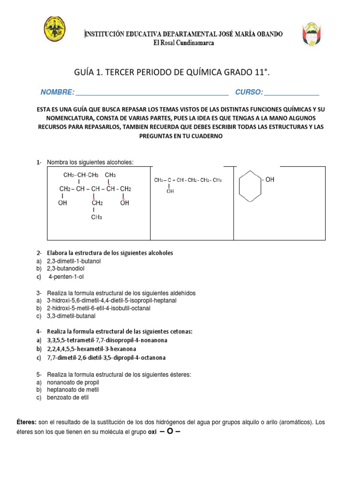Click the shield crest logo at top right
[x=312, y=34]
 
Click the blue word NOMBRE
[x=57, y=92]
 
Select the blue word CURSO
[x=249, y=92]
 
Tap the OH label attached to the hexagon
[x=269, y=180]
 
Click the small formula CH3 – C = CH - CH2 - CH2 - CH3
[x=187, y=180]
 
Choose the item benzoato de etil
[x=67, y=397]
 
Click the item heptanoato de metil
[x=73, y=390]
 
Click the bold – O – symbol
[x=170, y=431]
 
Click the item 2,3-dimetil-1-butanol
[x=74, y=261]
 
